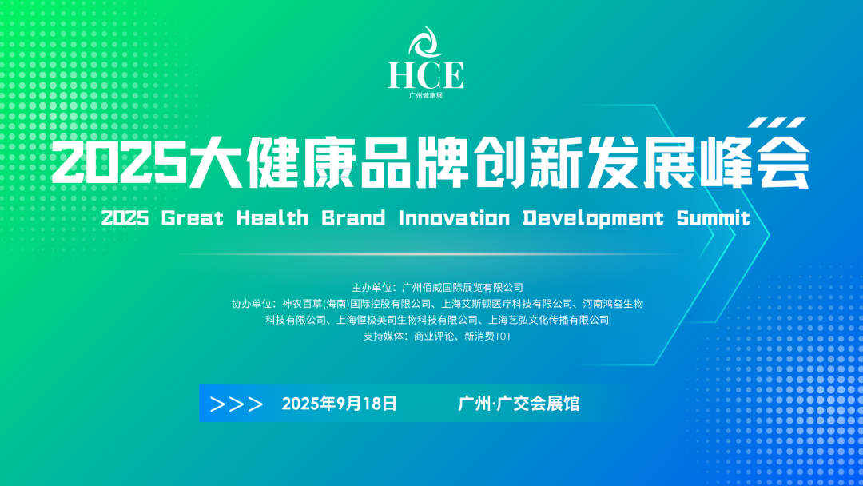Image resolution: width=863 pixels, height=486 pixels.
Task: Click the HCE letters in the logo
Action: pyautogui.click(x=425, y=75)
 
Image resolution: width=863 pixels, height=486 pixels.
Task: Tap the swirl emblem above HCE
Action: pyautogui.click(x=425, y=42)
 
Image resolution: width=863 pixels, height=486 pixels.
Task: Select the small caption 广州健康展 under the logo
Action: pyautogui.click(x=425, y=95)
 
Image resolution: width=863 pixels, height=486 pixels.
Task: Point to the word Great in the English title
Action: pyautogui.click(x=193, y=218)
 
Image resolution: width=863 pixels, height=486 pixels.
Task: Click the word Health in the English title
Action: pyautogui.click(x=272, y=218)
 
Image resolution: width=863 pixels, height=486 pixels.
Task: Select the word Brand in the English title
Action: pyautogui.click(x=353, y=218)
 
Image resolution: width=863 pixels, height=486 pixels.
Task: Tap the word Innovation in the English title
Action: pyautogui.click(x=454, y=218)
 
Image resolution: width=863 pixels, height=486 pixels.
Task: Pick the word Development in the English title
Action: pyautogui.click(x=593, y=218)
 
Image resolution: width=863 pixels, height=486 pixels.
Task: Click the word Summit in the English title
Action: pyautogui.click(x=714, y=218)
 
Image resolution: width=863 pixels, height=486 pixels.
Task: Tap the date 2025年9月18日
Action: pyautogui.click(x=339, y=404)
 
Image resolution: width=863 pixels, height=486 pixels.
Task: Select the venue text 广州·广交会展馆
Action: pyautogui.click(x=519, y=404)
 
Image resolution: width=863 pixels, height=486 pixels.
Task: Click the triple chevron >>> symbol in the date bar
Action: pyautogui.click(x=237, y=404)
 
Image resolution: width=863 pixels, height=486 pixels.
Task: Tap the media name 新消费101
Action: pyautogui.click(x=487, y=336)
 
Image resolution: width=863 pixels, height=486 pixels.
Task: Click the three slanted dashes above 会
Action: pyautogui.click(x=777, y=122)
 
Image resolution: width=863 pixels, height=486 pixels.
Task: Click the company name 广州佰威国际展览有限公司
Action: pyautogui.click(x=463, y=287)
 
